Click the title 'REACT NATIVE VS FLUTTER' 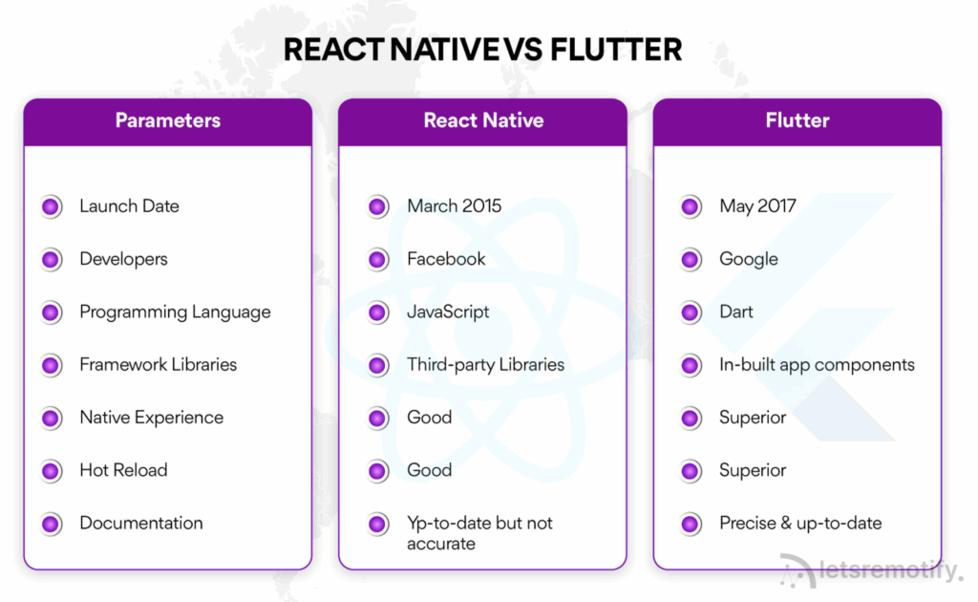(482, 49)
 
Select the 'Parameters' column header (168, 120)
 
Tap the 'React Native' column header (483, 120)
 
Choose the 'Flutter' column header (797, 120)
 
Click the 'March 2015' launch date (454, 206)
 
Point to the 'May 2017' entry (757, 206)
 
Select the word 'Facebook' (446, 259)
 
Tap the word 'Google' (749, 259)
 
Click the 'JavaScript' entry (448, 312)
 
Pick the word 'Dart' (736, 312)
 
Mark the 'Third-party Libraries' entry (485, 365)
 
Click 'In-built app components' (817, 365)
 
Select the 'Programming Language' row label (175, 312)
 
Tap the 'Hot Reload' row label (123, 470)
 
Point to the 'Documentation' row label (141, 524)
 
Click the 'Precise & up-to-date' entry (800, 524)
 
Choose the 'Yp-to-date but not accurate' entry (479, 533)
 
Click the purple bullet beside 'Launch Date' (52, 206)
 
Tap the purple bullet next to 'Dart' (691, 312)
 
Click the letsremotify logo (869, 570)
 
